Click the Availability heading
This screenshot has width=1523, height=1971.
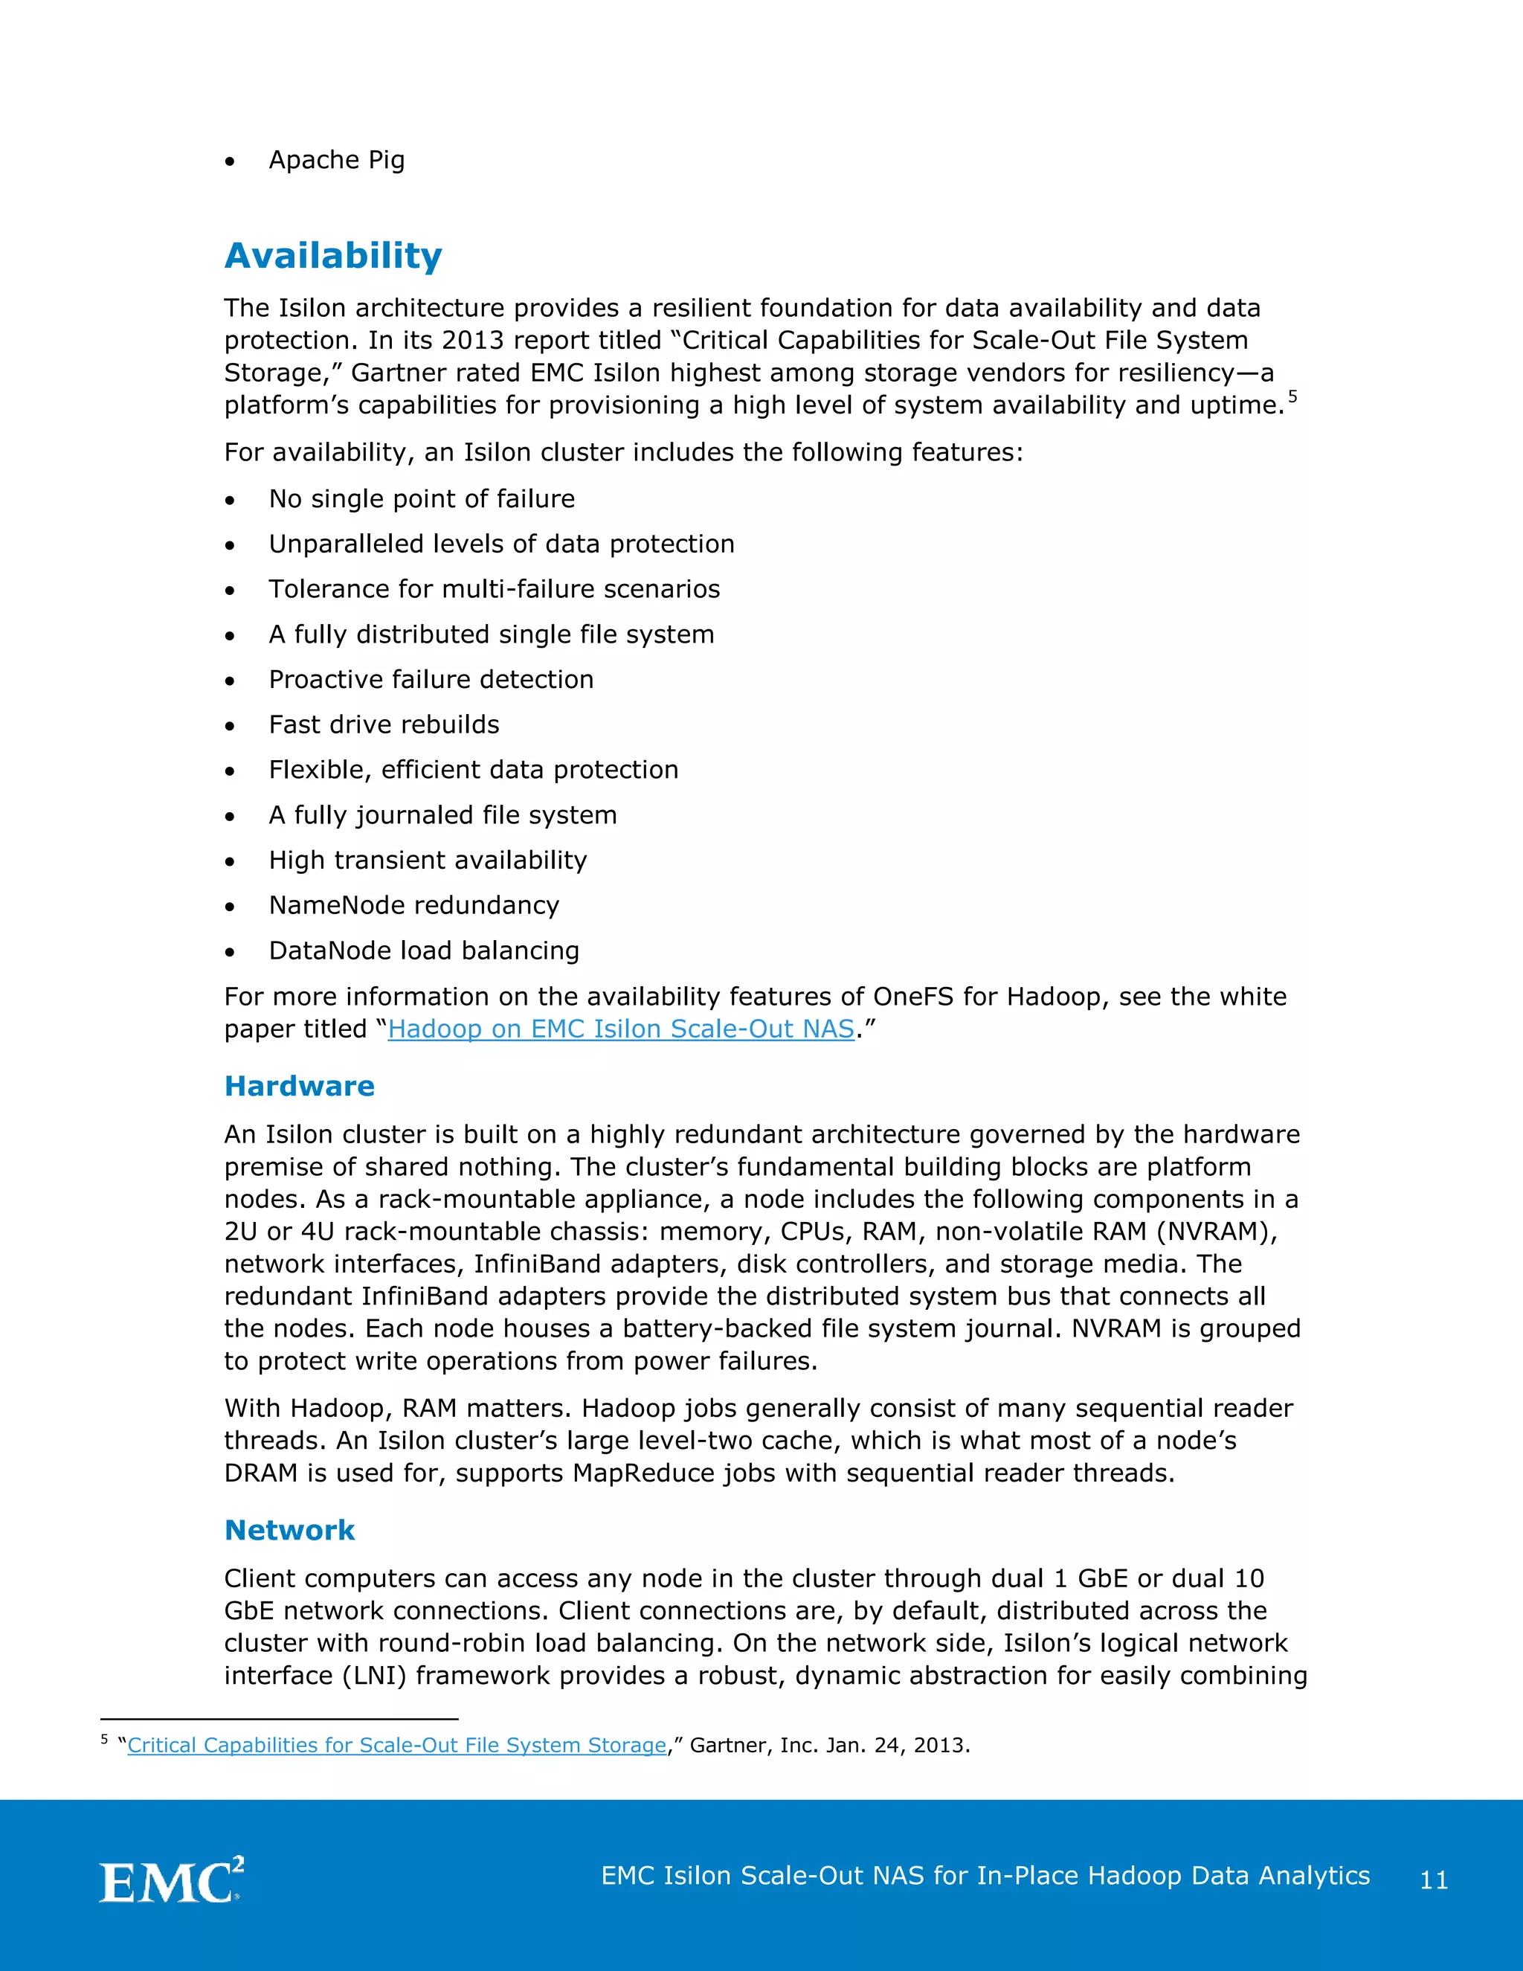coord(333,257)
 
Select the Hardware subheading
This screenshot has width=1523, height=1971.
coord(299,1086)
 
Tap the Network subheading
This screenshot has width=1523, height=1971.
coord(289,1530)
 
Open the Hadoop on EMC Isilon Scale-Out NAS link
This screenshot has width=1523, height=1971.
coord(621,1029)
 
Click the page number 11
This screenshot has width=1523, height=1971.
coord(1434,1879)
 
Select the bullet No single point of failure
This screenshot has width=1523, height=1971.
coord(422,499)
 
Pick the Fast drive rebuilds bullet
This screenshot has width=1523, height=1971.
coord(384,724)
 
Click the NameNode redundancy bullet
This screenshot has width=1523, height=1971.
coord(413,905)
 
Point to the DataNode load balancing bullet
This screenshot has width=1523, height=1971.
coord(423,951)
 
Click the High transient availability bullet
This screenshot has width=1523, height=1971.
coord(427,860)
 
